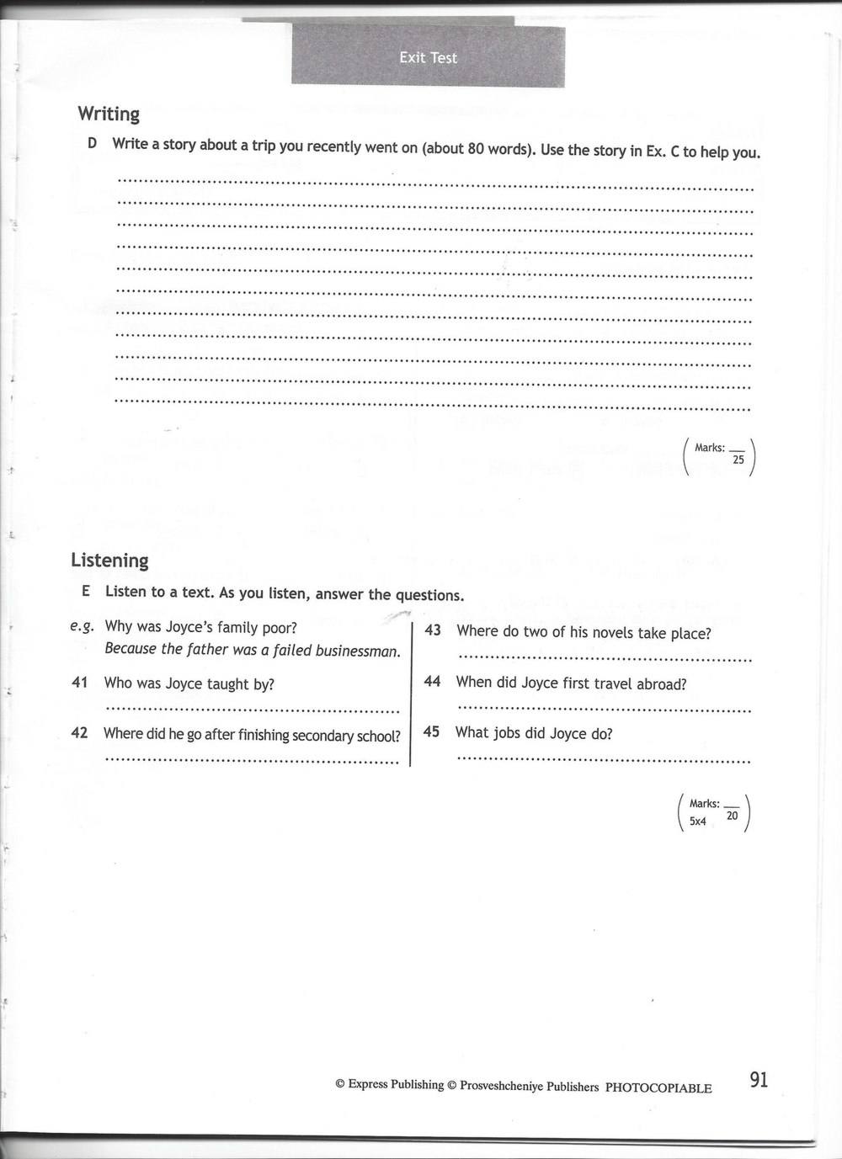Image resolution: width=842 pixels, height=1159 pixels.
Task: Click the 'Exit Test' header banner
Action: pyautogui.click(x=428, y=57)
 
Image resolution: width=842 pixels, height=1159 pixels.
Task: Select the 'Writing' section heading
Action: pyautogui.click(x=109, y=114)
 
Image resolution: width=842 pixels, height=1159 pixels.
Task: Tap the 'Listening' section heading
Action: pyautogui.click(x=109, y=561)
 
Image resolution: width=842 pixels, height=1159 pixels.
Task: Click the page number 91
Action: pyautogui.click(x=758, y=1080)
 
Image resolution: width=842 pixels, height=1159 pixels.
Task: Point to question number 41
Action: pyautogui.click(x=80, y=683)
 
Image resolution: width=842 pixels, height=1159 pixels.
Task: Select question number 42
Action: pyautogui.click(x=80, y=733)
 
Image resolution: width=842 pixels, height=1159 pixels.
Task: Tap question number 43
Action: pyautogui.click(x=433, y=630)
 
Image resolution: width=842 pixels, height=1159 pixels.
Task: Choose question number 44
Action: pyautogui.click(x=433, y=681)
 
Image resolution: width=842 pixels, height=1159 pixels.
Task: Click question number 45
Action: pyautogui.click(x=432, y=731)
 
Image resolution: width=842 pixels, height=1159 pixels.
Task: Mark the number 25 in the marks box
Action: pyautogui.click(x=738, y=460)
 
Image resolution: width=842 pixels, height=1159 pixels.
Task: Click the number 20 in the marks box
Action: pyautogui.click(x=732, y=816)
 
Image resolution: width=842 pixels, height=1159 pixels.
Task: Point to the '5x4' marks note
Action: pyautogui.click(x=698, y=821)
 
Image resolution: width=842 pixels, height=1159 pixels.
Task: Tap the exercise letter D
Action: pyautogui.click(x=92, y=143)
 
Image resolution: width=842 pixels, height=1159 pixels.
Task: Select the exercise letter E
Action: pyautogui.click(x=86, y=591)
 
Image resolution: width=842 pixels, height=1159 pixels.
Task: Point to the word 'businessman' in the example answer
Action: pyautogui.click(x=358, y=651)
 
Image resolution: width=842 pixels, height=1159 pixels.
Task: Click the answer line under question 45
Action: pyautogui.click(x=603, y=759)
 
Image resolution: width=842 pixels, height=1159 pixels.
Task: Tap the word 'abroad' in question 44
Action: pyautogui.click(x=662, y=684)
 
